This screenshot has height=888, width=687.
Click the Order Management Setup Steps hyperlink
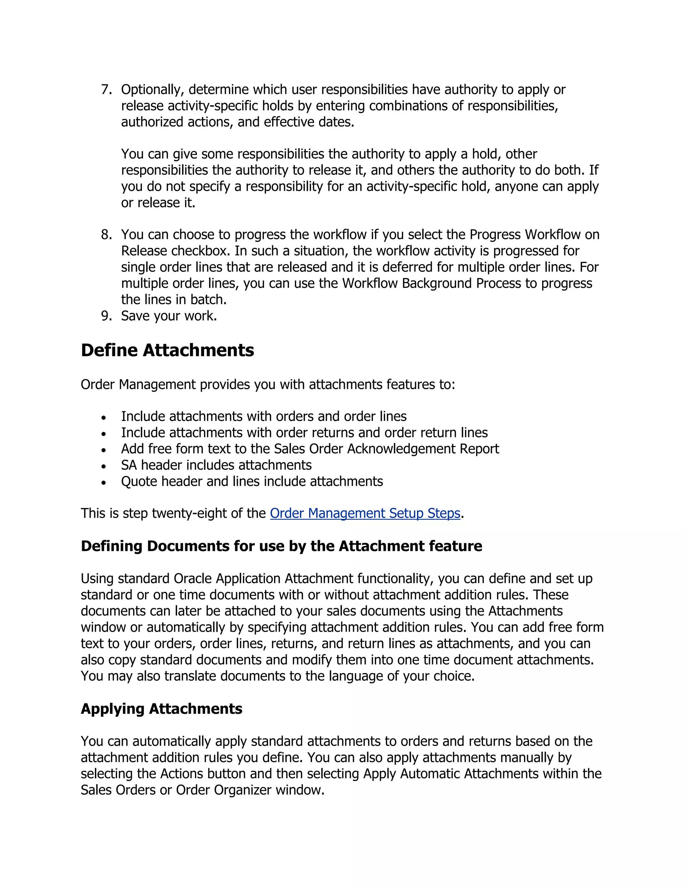click(x=365, y=513)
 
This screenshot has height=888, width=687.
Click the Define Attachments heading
click(x=167, y=350)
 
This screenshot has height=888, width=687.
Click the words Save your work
click(x=169, y=316)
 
